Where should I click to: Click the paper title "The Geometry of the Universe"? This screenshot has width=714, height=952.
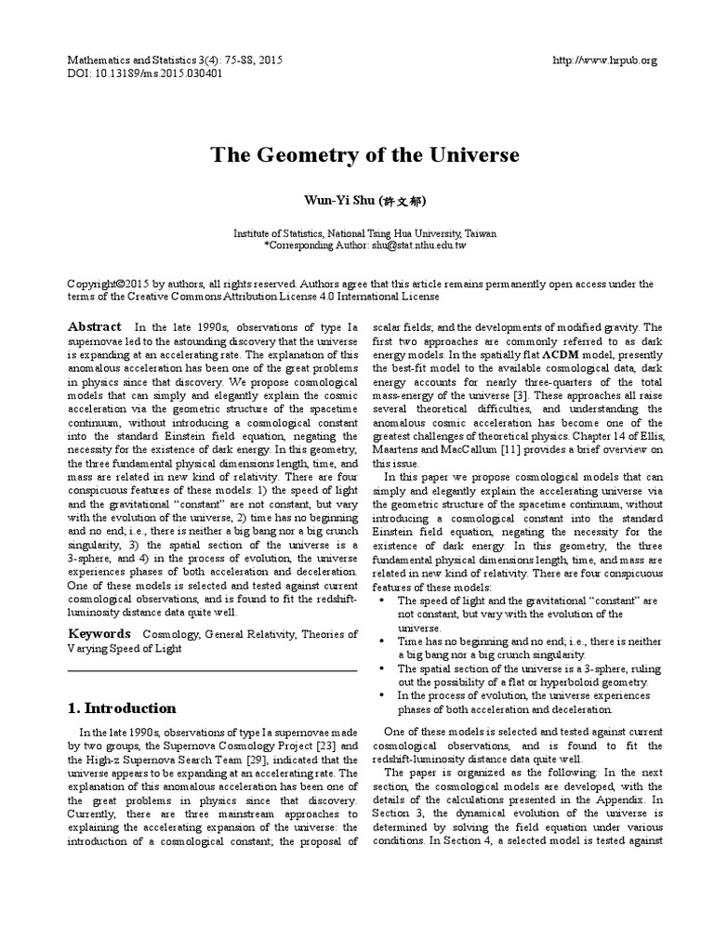[x=364, y=154]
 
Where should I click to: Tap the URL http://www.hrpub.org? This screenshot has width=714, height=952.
[x=604, y=60]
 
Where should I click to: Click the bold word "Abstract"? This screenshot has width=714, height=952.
[x=95, y=326]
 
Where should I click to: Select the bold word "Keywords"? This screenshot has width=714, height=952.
[x=99, y=633]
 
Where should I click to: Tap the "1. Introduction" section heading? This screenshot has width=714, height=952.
[x=121, y=707]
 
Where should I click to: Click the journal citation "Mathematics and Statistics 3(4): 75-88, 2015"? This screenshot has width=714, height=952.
[x=175, y=60]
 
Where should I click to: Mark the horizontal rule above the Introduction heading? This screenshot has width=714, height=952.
[x=212, y=670]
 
